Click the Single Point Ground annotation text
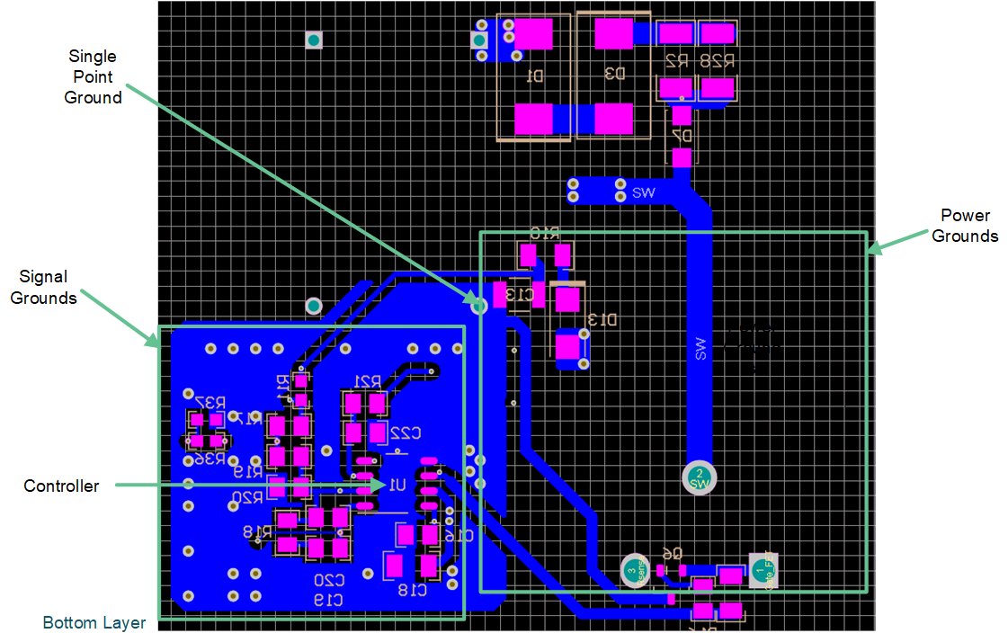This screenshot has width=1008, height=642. point(93,77)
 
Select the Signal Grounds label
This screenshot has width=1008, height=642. point(43,287)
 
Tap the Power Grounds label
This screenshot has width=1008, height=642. point(965,226)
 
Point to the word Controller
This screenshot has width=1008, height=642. point(61,486)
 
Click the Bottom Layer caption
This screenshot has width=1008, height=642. point(94,622)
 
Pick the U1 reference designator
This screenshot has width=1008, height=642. point(397,485)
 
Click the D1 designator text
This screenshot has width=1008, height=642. point(534,76)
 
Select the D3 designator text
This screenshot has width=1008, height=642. point(615,74)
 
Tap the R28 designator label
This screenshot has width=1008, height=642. point(717,62)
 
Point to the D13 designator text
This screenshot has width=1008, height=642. point(602,319)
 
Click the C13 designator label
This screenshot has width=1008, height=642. point(519,294)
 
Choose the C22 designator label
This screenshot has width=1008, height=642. point(406,433)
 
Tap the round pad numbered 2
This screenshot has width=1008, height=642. point(700,477)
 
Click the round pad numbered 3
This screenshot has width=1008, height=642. point(634,571)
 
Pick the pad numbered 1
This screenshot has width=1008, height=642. point(763,571)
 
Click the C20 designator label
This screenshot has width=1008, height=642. point(328,581)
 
